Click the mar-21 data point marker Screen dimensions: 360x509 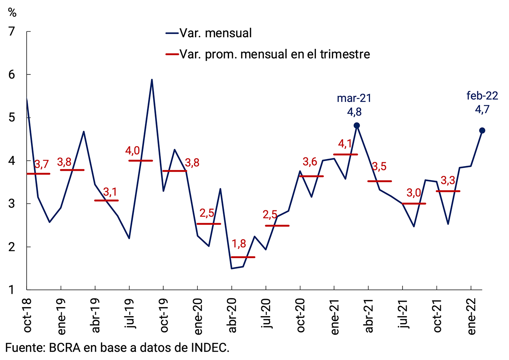[357, 125]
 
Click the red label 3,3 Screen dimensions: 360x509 [449, 181]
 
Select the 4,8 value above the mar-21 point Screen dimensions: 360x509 [354, 112]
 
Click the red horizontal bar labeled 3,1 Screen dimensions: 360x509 [106, 201]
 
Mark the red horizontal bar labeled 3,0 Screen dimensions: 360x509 [414, 204]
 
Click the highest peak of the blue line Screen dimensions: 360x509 [152, 80]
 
